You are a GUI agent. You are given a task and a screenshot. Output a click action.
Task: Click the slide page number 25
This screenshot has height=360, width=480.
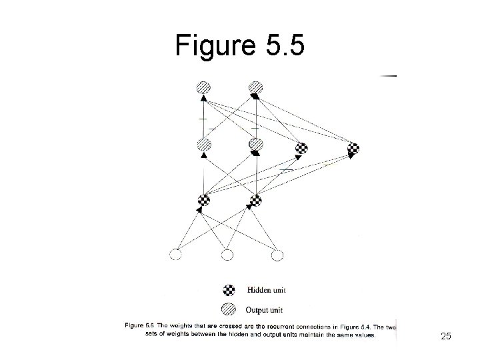(446, 337)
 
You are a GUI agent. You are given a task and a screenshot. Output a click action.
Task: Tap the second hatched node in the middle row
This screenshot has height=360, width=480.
(255, 145)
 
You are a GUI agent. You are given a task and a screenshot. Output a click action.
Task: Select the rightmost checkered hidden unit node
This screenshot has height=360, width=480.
(353, 149)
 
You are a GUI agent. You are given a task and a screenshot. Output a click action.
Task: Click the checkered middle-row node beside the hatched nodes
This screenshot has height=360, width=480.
(301, 149)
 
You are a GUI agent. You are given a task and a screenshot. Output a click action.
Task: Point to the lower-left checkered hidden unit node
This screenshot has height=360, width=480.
(205, 199)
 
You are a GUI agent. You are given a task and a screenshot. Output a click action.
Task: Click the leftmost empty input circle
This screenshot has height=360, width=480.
(176, 254)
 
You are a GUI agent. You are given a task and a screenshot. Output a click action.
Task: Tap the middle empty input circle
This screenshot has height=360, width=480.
(227, 254)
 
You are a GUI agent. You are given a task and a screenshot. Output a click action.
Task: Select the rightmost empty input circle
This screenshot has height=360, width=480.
(277, 254)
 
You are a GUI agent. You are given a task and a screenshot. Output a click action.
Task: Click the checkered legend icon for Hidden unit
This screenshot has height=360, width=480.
(229, 290)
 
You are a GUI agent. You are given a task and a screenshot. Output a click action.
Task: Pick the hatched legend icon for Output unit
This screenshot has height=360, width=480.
(229, 308)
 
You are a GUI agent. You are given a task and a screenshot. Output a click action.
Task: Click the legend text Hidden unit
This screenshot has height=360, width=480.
(267, 290)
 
